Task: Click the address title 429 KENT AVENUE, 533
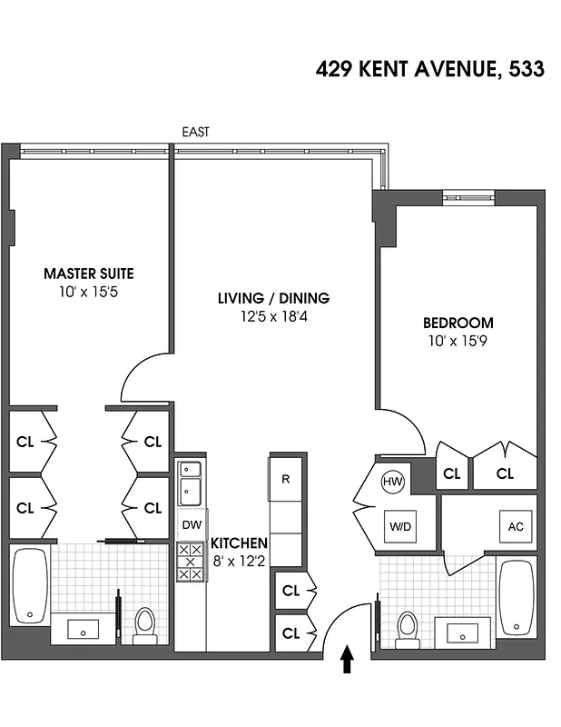[430, 69]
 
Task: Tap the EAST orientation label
[195, 132]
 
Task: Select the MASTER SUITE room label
[89, 273]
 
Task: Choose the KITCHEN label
[240, 543]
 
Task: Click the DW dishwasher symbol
[191, 524]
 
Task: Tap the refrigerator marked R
[285, 479]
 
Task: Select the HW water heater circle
[392, 481]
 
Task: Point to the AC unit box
[514, 526]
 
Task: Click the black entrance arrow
[346, 659]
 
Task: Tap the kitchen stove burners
[191, 562]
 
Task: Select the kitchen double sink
[191, 483]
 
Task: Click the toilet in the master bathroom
[144, 625]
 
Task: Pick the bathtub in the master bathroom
[30, 585]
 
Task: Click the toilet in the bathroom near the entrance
[408, 628]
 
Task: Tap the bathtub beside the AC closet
[517, 597]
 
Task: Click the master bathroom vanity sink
[80, 627]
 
